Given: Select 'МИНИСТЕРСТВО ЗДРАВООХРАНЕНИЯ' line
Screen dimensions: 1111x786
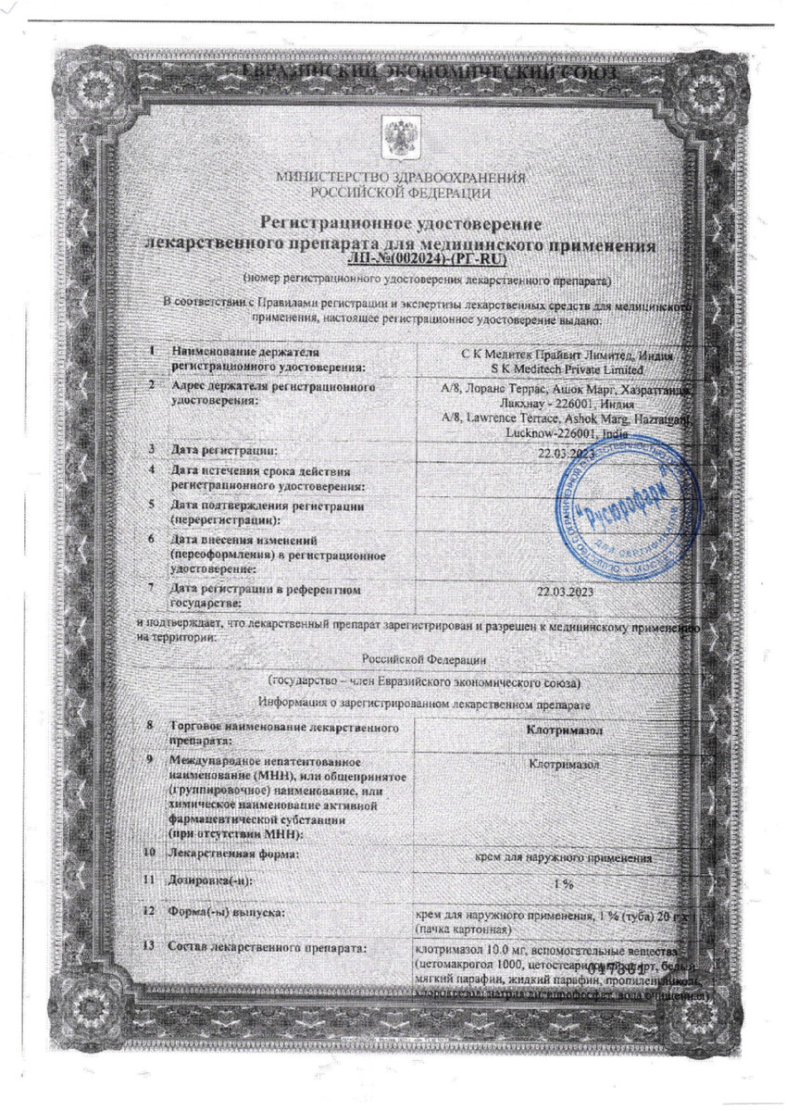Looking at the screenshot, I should (400, 178).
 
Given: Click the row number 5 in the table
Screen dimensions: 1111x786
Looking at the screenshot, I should (150, 506).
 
